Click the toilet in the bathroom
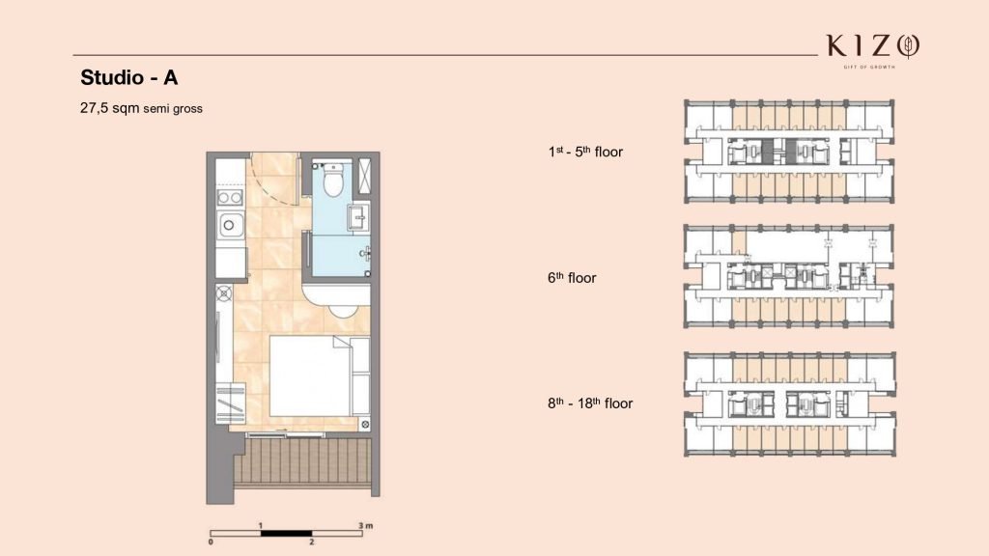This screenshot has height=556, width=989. [x=333, y=179]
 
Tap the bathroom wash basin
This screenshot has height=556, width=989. [x=358, y=218]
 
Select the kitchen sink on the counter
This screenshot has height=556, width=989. [x=230, y=224]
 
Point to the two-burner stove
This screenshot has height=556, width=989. [x=230, y=197]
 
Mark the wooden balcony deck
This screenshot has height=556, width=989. [x=302, y=461]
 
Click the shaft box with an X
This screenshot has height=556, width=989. [x=364, y=176]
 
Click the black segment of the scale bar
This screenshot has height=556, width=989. [x=286, y=533]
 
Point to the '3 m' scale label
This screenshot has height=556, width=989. [x=366, y=525]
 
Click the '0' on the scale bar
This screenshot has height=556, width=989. [x=211, y=542]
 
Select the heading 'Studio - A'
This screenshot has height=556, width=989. [x=129, y=77]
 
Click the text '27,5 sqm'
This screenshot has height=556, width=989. [x=110, y=108]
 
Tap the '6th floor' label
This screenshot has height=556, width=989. [x=572, y=277]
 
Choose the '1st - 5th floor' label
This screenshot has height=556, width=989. [x=585, y=152]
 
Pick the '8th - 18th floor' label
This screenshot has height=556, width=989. [x=590, y=403]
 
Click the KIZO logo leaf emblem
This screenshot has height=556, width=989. [x=909, y=46]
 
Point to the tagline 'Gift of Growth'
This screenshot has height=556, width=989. [x=869, y=67]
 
